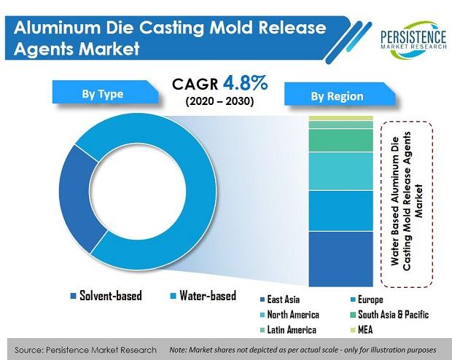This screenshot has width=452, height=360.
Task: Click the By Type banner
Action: tap(101, 94)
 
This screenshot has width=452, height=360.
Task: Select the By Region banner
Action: tap(337, 95)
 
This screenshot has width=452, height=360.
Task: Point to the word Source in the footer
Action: tap(31, 350)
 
